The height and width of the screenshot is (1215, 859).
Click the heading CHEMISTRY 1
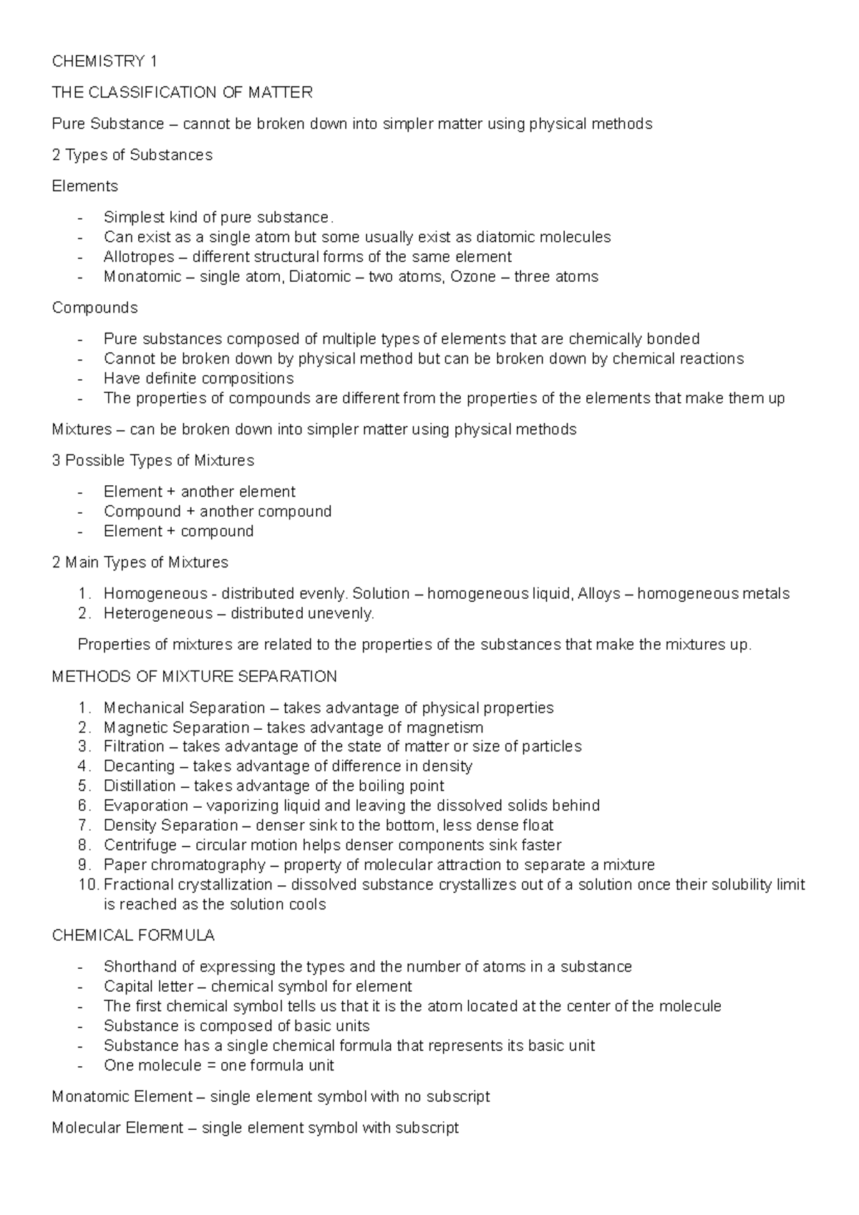(x=105, y=62)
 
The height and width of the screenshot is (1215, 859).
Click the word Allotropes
(x=138, y=257)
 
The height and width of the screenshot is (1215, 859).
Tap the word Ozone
(x=472, y=277)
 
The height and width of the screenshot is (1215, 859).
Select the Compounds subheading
(x=94, y=308)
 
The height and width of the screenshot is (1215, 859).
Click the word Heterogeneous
(x=157, y=613)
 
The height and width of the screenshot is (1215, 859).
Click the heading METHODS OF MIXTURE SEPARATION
(x=194, y=677)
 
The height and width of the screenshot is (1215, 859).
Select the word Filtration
(x=134, y=747)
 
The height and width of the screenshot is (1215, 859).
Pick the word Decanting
(x=139, y=766)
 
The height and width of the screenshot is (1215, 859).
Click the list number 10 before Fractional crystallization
(x=87, y=884)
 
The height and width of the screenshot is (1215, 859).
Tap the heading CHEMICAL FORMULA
(x=133, y=936)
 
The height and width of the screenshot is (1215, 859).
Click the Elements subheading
(x=85, y=186)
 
